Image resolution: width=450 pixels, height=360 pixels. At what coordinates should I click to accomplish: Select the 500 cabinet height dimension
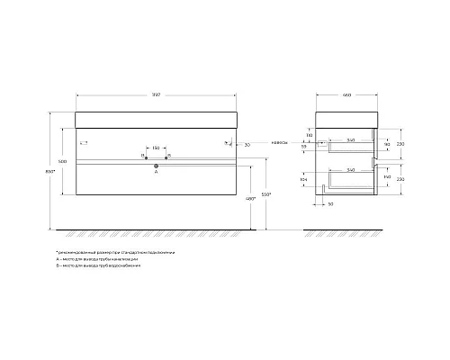pyautogui.click(x=61, y=160)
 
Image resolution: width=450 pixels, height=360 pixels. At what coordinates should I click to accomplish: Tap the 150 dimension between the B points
pyautogui.click(x=156, y=148)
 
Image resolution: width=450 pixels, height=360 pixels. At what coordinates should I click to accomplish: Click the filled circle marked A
pyautogui.click(x=157, y=165)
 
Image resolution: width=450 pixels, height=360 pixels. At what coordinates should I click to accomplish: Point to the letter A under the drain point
pyautogui.click(x=157, y=173)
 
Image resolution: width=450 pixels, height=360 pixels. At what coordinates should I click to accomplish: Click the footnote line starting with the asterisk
pyautogui.click(x=114, y=253)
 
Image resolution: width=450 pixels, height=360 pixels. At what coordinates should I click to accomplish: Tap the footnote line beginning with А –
pyautogui.click(x=96, y=261)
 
